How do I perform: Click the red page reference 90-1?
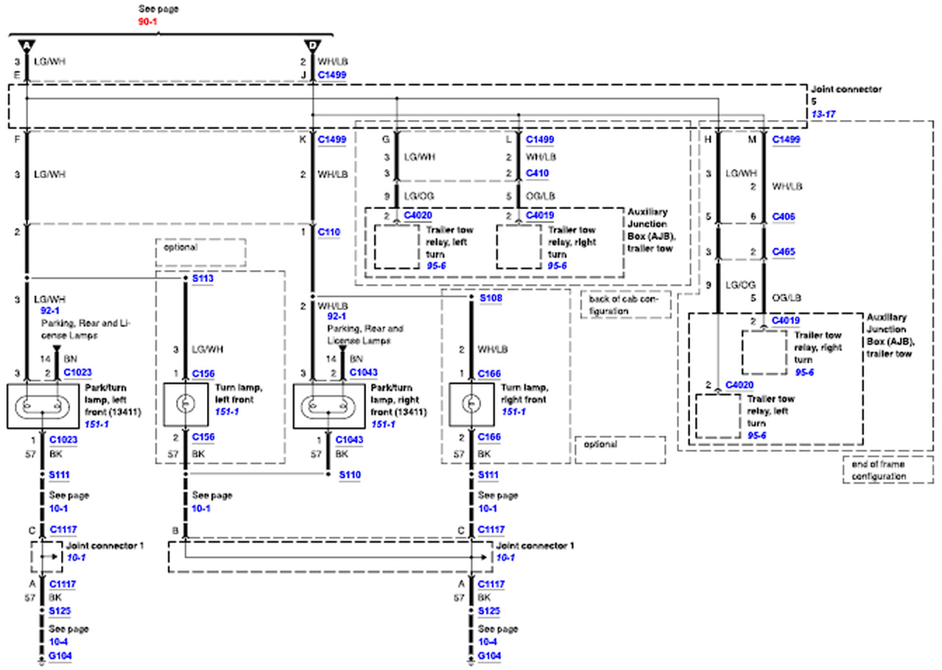pyautogui.click(x=148, y=22)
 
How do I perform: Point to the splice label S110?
pyautogui.click(x=349, y=476)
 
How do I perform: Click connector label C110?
pyautogui.click(x=328, y=232)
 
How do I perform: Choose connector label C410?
pyautogui.click(x=536, y=174)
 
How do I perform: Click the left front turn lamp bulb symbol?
pyautogui.click(x=185, y=403)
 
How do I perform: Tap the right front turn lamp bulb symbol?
pyautogui.click(x=471, y=403)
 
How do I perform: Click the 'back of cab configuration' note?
pyautogui.click(x=625, y=305)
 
